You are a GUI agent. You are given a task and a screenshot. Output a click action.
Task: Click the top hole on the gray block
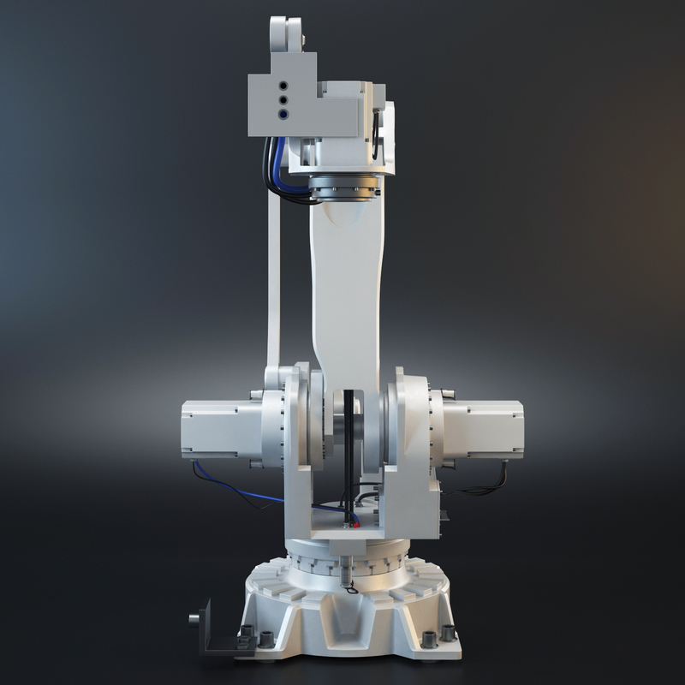tap(283, 86)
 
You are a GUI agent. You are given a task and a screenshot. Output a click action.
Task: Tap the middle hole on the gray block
tap(283, 99)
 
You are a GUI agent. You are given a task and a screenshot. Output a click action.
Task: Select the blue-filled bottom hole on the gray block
tap(283, 112)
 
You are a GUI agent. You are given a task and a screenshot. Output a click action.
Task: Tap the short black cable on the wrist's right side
tap(375, 128)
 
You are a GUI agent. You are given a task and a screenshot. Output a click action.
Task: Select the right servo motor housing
tap(484, 428)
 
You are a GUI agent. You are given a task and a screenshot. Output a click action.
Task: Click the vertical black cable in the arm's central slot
tap(349, 454)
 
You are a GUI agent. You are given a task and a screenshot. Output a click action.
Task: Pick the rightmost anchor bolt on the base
tap(447, 635)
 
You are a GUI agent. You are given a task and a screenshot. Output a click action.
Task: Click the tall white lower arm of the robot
tap(346, 291)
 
